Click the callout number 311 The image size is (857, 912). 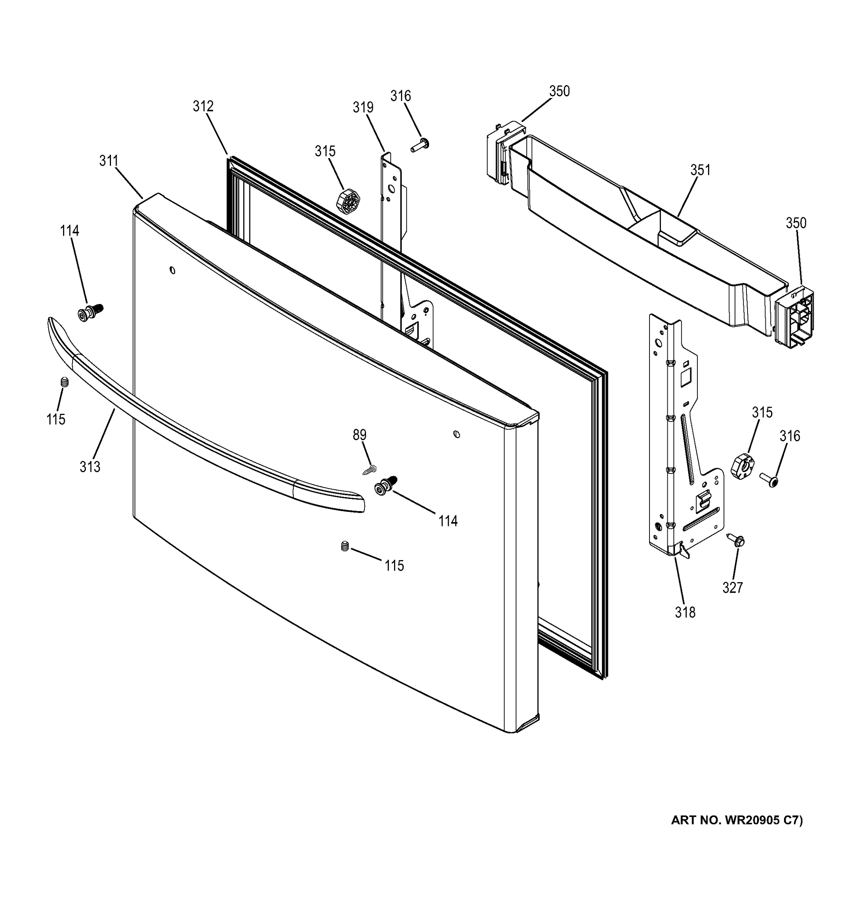(x=109, y=161)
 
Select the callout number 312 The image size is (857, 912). (x=203, y=106)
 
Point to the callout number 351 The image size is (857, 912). (x=700, y=170)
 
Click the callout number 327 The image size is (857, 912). (x=732, y=587)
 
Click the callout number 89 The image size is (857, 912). (x=359, y=434)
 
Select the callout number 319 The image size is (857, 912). (x=363, y=107)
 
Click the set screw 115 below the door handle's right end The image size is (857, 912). (x=345, y=546)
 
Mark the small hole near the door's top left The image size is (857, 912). (x=173, y=270)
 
